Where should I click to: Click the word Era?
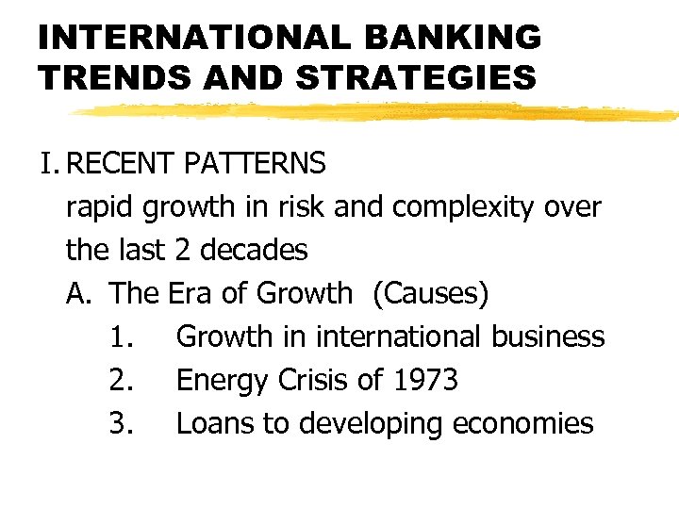pos(190,293)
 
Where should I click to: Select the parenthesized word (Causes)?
pos(431,294)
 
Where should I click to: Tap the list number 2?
pos(120,380)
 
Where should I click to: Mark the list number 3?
pos(120,423)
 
